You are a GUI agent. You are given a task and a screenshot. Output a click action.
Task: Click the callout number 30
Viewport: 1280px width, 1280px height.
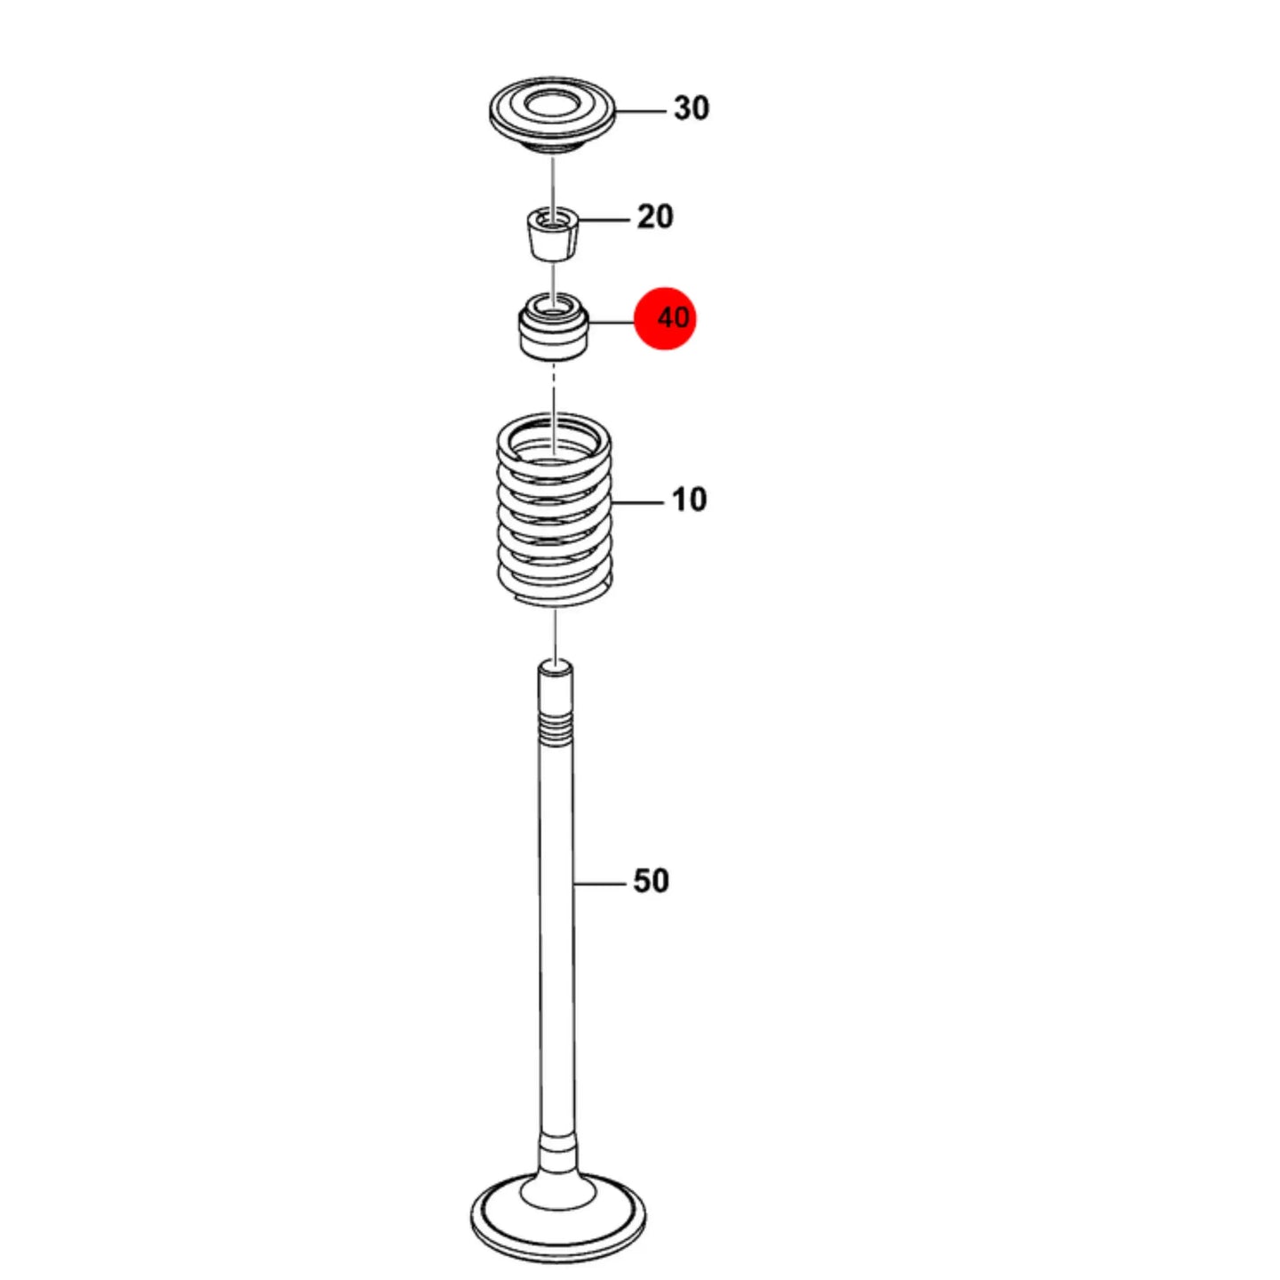click(691, 108)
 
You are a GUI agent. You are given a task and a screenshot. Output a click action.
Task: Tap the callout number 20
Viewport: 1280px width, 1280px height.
click(655, 217)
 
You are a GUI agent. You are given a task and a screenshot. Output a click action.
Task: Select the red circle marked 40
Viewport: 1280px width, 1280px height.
click(666, 318)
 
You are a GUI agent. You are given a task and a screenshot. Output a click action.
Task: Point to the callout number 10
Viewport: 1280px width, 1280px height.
click(690, 500)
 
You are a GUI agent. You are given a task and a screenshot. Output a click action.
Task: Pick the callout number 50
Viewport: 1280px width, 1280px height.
click(651, 881)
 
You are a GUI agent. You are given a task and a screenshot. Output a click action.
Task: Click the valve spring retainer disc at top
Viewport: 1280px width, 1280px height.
click(552, 116)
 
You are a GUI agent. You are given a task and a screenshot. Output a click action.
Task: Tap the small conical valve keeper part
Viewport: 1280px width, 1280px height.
click(553, 235)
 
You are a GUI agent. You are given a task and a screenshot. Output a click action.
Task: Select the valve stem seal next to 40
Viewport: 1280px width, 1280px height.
click(553, 327)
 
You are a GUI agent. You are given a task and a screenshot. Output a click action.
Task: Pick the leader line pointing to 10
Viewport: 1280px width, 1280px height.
click(637, 503)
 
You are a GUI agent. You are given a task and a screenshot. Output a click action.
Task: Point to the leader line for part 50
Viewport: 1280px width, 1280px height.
click(600, 884)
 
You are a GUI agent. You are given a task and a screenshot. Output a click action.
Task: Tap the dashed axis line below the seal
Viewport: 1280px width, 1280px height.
click(553, 405)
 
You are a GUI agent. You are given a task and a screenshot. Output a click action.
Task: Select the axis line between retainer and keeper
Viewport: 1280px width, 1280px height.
click(553, 183)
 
